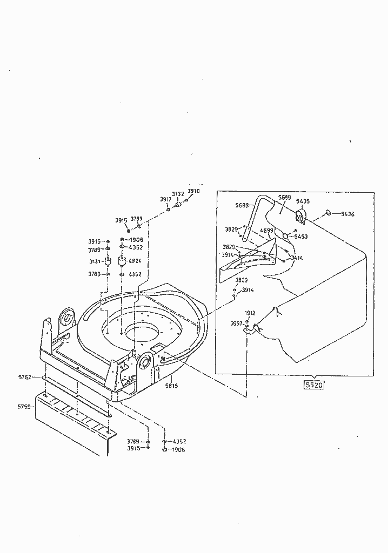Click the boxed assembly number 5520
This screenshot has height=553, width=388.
[313, 386]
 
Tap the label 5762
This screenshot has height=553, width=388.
[24, 377]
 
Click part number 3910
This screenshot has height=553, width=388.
[193, 191]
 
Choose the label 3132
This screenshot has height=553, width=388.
[178, 194]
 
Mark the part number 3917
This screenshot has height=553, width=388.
[165, 199]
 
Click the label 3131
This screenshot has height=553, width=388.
[95, 261]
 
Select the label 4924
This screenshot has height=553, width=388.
[135, 261]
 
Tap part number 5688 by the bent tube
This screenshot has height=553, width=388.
[242, 205]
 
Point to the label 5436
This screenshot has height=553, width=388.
[347, 214]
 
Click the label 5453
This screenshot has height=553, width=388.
[301, 236]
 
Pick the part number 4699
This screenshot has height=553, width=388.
[266, 231]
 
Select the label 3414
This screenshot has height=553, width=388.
[297, 258]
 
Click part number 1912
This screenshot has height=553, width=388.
[250, 313]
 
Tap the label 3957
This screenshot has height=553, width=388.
[236, 323]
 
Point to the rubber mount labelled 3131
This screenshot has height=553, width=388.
[108, 263]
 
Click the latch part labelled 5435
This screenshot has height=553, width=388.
[300, 217]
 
